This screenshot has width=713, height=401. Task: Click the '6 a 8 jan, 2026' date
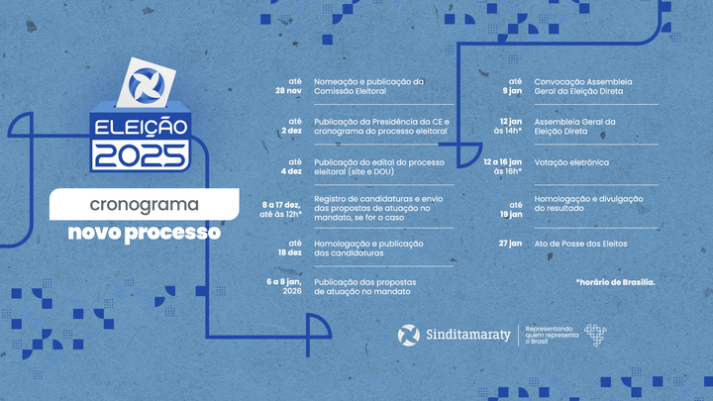pos(283,286)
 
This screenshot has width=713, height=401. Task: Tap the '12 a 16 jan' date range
pos(502,160)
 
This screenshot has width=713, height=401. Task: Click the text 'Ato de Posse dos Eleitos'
pos(580,244)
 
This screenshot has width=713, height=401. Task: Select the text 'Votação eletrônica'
pos(571,161)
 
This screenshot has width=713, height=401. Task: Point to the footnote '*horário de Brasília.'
pos(614,282)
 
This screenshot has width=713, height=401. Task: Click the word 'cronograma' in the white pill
pos(145,206)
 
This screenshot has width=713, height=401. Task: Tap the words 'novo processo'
pos(145,234)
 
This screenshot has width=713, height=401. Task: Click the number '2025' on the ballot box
pos(140,154)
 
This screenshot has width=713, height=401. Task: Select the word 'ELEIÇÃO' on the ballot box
pos(140,128)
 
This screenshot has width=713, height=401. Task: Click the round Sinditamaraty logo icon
pos(408,335)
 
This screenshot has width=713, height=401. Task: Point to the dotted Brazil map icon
pos(594,335)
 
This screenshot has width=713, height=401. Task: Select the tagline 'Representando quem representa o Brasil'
pos(550,335)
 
